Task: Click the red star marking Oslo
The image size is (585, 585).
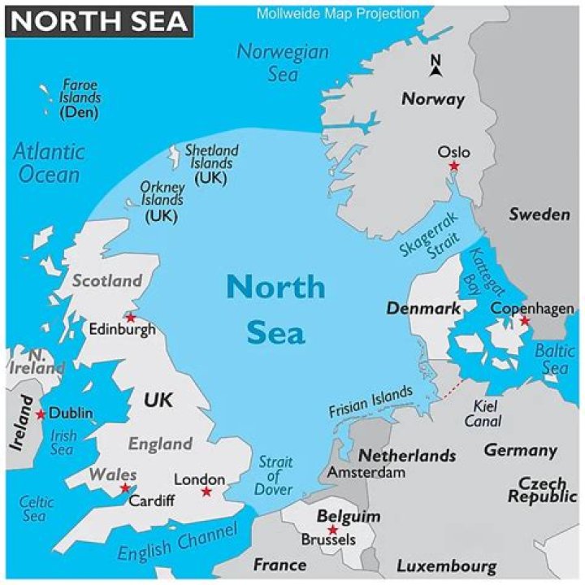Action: click(454, 167)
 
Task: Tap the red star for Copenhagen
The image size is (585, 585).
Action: click(525, 322)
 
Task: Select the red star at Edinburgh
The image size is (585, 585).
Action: click(129, 317)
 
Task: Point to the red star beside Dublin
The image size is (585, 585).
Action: click(41, 414)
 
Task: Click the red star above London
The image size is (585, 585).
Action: click(206, 492)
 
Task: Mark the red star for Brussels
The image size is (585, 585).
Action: click(331, 530)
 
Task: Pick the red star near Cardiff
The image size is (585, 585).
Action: click(125, 488)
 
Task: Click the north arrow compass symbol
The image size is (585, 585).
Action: click(435, 65)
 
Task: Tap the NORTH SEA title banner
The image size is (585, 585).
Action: click(99, 20)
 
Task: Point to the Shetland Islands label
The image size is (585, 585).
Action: click(211, 163)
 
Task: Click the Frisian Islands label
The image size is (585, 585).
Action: click(370, 402)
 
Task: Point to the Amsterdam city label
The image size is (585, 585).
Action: click(366, 472)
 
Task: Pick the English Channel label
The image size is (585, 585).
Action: click(177, 542)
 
